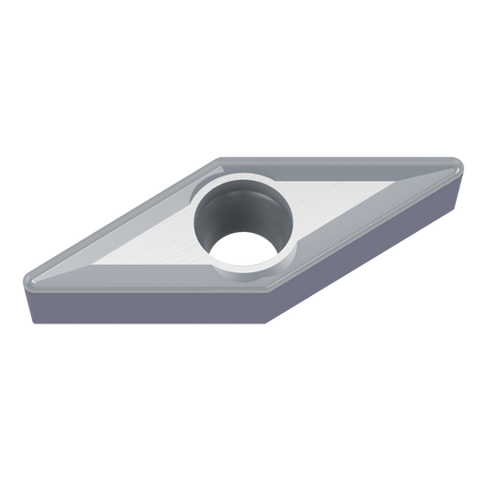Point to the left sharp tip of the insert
[x=22, y=280]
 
